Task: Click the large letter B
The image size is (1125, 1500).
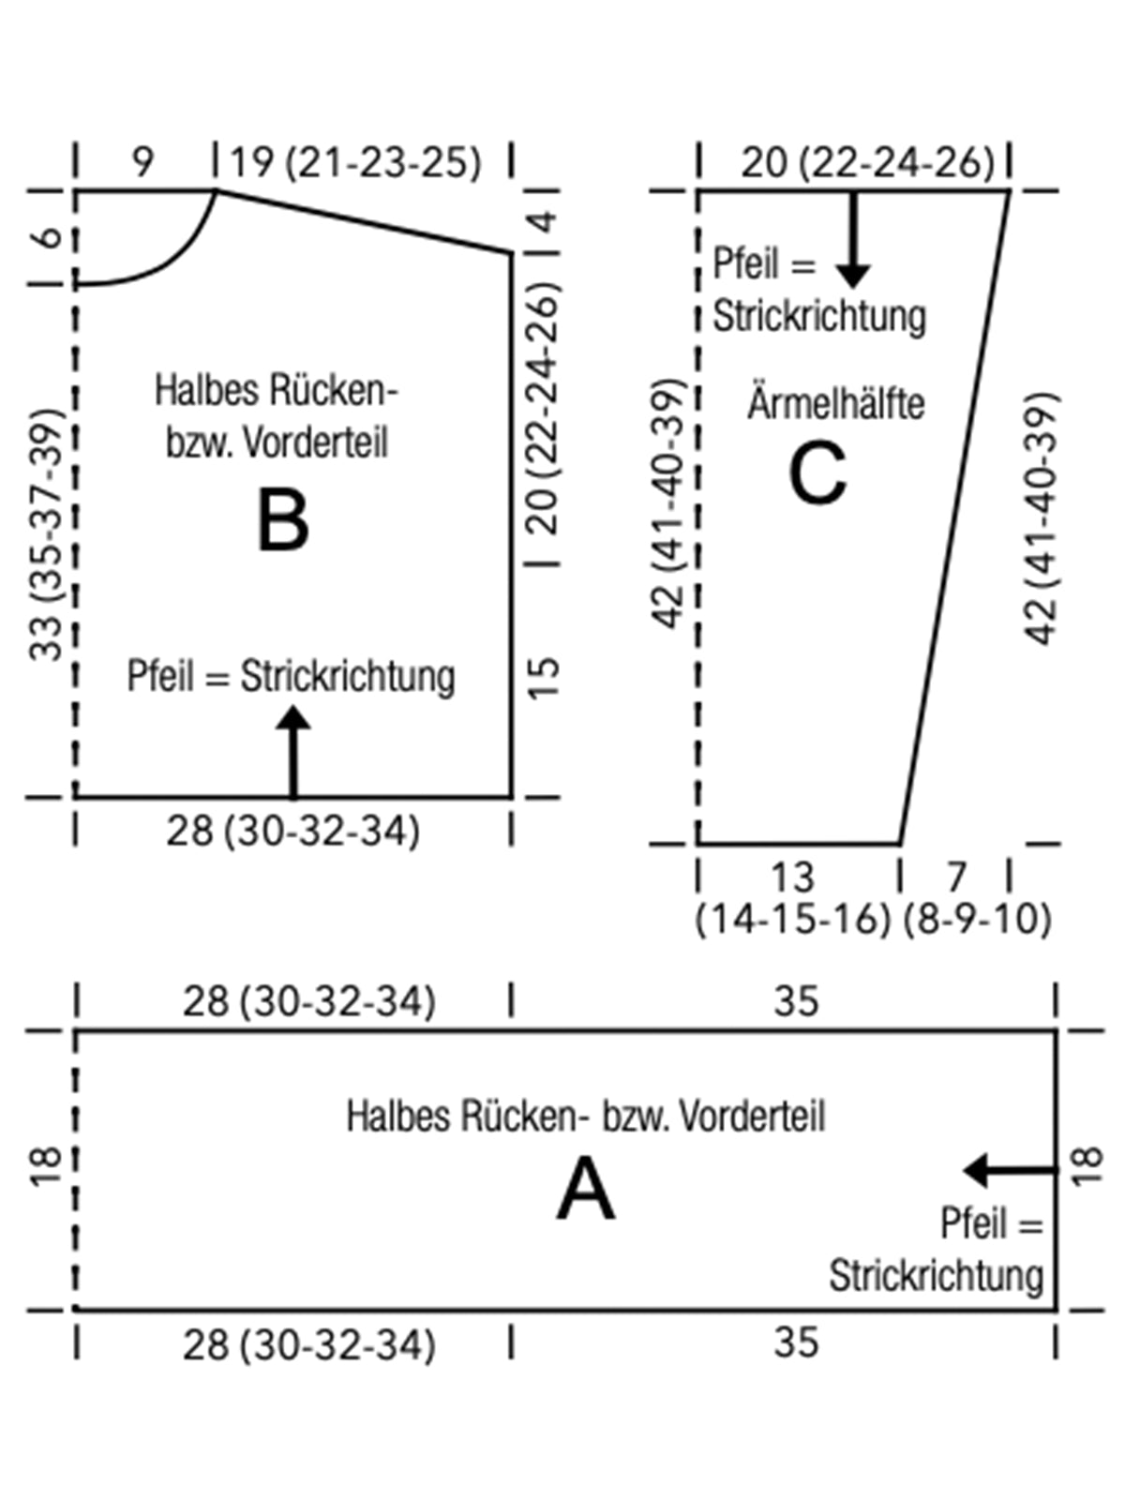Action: click(282, 522)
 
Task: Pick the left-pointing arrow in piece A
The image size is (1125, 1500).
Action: click(1008, 1170)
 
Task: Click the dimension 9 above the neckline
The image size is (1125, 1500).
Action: click(142, 161)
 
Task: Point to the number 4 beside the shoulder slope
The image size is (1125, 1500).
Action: click(544, 223)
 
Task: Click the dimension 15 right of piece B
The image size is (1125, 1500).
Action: click(544, 677)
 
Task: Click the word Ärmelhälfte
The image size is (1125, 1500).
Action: click(835, 404)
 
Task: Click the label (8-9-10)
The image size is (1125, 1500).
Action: click(977, 920)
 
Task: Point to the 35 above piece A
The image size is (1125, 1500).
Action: click(796, 1001)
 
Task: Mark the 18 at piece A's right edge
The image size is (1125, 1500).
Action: click(1087, 1167)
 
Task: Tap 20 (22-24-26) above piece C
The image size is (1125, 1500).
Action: click(867, 162)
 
